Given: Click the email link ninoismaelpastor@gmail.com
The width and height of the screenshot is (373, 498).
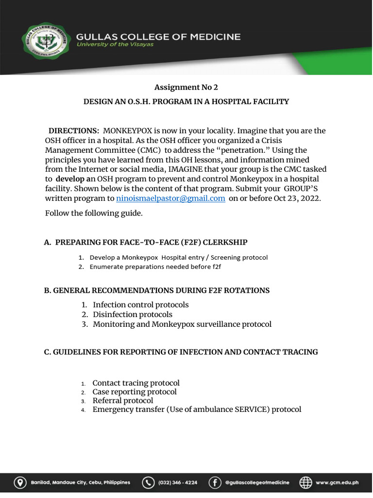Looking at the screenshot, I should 170,198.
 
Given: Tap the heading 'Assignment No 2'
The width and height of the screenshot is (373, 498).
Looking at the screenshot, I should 186,87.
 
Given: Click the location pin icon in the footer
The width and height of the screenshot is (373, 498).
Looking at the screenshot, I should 20,482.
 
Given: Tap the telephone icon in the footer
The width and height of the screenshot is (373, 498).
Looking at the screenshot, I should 148,482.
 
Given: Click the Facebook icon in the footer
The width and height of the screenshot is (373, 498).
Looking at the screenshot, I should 215,482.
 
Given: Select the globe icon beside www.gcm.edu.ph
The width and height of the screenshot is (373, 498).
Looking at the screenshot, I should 305,482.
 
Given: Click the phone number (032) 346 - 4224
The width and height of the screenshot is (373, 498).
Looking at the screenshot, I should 178,482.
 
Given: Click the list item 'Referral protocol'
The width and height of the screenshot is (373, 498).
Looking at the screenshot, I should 122,401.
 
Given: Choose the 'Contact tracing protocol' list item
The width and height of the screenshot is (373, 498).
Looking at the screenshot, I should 136,383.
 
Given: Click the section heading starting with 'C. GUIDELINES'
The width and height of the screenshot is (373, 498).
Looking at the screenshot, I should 181,352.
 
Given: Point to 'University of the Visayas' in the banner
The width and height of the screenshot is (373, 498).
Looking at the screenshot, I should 115,45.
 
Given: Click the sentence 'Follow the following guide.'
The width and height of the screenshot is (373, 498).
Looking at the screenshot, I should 94,213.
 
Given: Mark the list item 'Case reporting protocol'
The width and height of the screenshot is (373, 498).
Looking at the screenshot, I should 135,391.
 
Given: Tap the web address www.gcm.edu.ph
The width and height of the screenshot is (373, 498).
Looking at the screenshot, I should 337,482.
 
